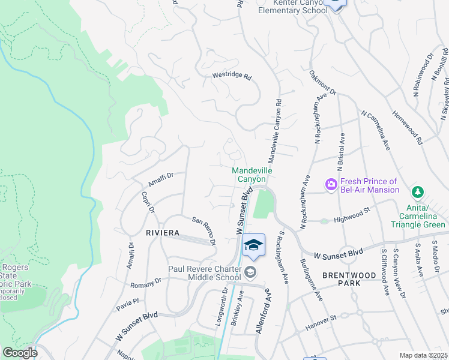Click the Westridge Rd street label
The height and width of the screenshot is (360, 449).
tap(232, 77)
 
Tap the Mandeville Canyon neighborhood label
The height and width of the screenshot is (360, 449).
tap(252, 175)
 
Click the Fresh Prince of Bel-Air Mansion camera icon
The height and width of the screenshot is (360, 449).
tap(330, 185)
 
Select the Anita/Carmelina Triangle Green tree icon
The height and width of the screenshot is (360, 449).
tap(415, 193)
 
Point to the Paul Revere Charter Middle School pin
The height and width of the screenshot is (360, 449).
tap(250, 274)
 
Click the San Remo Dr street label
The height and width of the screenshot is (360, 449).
tap(204, 231)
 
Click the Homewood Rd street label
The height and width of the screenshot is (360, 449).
tap(408, 125)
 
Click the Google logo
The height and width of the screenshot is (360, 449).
tap(19, 353)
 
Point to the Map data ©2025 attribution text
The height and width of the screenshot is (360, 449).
tap(423, 355)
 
